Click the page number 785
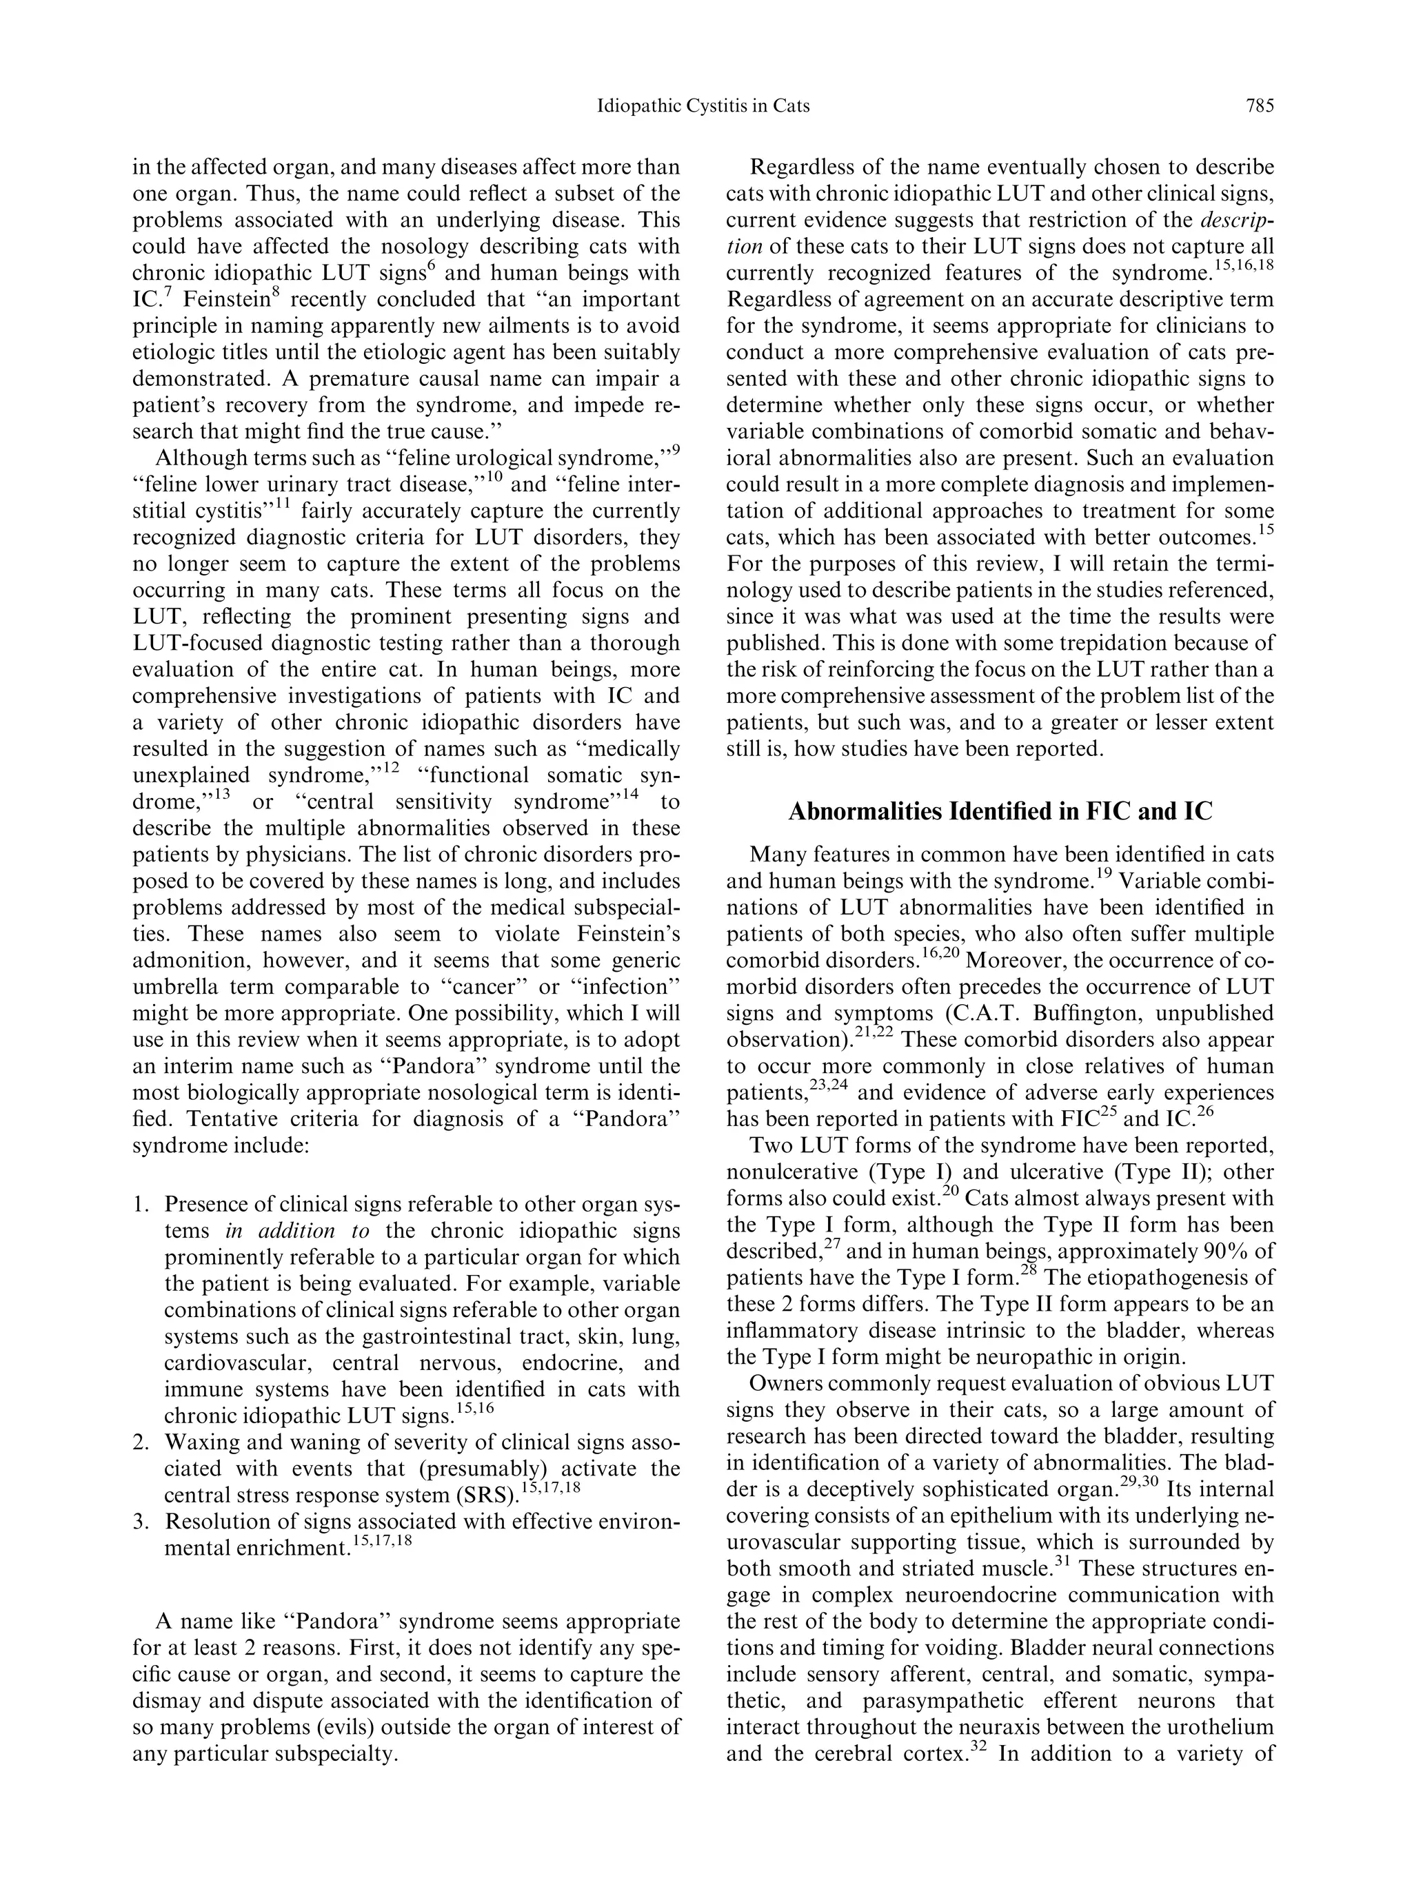coord(1258,106)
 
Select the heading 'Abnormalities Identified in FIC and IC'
coord(1000,810)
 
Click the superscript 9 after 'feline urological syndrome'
coord(676,450)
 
